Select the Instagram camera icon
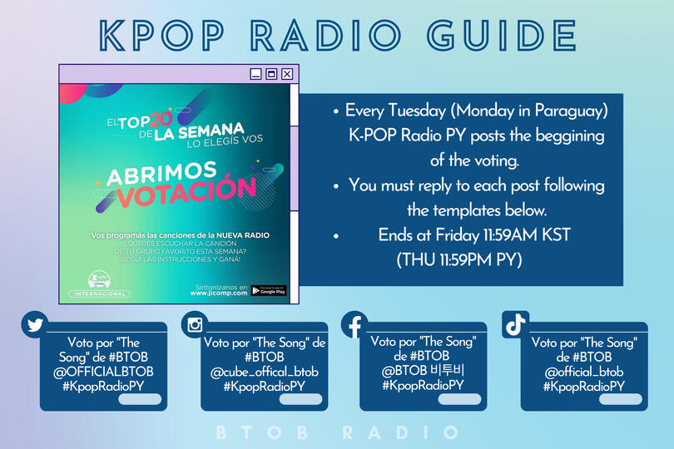tap(195, 324)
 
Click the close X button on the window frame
tap(287, 74)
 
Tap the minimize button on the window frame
tap(255, 74)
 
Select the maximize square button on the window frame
tap(271, 74)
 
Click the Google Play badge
tap(268, 291)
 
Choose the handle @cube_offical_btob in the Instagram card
tap(265, 371)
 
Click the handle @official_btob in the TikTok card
tap(583, 372)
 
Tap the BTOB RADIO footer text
tap(336, 433)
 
